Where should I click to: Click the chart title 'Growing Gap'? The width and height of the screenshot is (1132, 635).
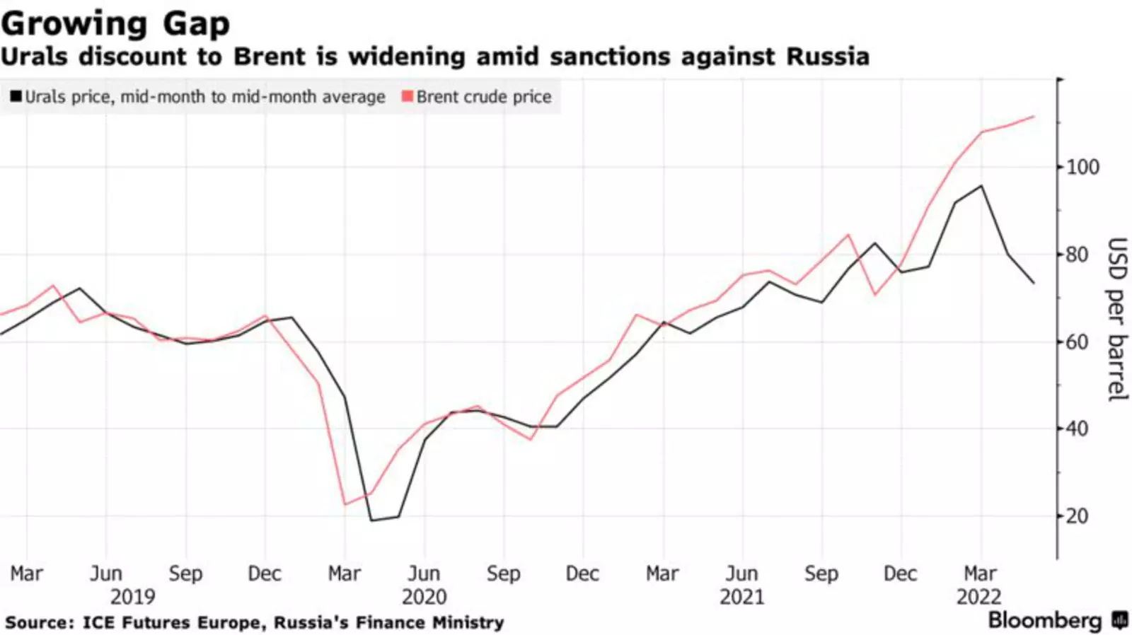pyautogui.click(x=115, y=23)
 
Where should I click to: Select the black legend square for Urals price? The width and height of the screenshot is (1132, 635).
pyautogui.click(x=16, y=96)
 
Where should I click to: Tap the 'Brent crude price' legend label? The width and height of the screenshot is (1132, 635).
pyautogui.click(x=483, y=97)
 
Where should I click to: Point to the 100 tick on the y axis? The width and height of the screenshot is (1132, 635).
pyautogui.click(x=1082, y=168)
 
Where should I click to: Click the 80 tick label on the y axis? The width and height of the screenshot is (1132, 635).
pyautogui.click(x=1076, y=255)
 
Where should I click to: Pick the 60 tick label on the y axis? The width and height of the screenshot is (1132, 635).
pyautogui.click(x=1076, y=342)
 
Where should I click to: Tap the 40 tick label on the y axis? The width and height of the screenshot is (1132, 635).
pyautogui.click(x=1076, y=429)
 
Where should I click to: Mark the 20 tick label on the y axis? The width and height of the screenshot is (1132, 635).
pyautogui.click(x=1076, y=516)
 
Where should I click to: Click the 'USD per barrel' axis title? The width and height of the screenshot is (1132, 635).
pyautogui.click(x=1116, y=320)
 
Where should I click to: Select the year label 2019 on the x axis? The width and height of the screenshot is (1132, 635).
pyautogui.click(x=132, y=597)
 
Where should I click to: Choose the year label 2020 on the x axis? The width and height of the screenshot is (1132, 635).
pyautogui.click(x=424, y=597)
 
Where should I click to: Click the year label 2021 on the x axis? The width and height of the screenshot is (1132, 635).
pyautogui.click(x=741, y=597)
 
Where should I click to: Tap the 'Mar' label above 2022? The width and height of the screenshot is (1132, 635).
pyautogui.click(x=980, y=573)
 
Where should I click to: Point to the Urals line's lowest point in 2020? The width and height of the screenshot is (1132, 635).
pyautogui.click(x=371, y=520)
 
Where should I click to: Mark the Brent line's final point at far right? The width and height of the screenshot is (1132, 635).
pyautogui.click(x=1034, y=117)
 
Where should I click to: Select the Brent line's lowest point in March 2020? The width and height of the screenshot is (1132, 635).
pyautogui.click(x=345, y=504)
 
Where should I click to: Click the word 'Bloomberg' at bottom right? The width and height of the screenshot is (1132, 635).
pyautogui.click(x=1044, y=620)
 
